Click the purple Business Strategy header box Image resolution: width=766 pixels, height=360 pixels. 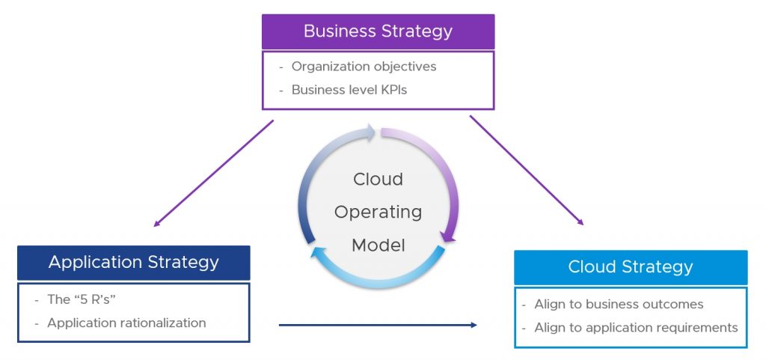378,31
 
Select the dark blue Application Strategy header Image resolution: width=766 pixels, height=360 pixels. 133,263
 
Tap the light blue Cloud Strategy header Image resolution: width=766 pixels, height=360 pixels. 631,267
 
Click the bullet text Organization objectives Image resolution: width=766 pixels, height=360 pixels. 364,67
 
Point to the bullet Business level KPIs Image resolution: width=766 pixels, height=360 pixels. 349,90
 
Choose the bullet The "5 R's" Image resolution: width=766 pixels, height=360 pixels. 82,299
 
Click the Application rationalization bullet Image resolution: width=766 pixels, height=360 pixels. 126,323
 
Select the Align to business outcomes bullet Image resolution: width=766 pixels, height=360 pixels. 619,305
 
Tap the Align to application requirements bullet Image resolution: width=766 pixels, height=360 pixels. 636,328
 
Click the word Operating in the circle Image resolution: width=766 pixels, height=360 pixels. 378,213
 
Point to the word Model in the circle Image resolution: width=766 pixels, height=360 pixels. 378,245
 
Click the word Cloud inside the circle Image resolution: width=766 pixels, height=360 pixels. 378,180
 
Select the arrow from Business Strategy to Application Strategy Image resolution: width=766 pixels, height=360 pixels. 213,174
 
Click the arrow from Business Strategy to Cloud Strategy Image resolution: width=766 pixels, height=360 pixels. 527,171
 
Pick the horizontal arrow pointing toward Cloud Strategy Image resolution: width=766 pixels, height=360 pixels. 378,325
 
